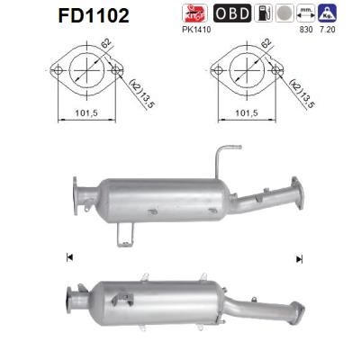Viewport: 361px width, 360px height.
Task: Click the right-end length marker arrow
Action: pyautogui.click(x=298, y=259)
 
